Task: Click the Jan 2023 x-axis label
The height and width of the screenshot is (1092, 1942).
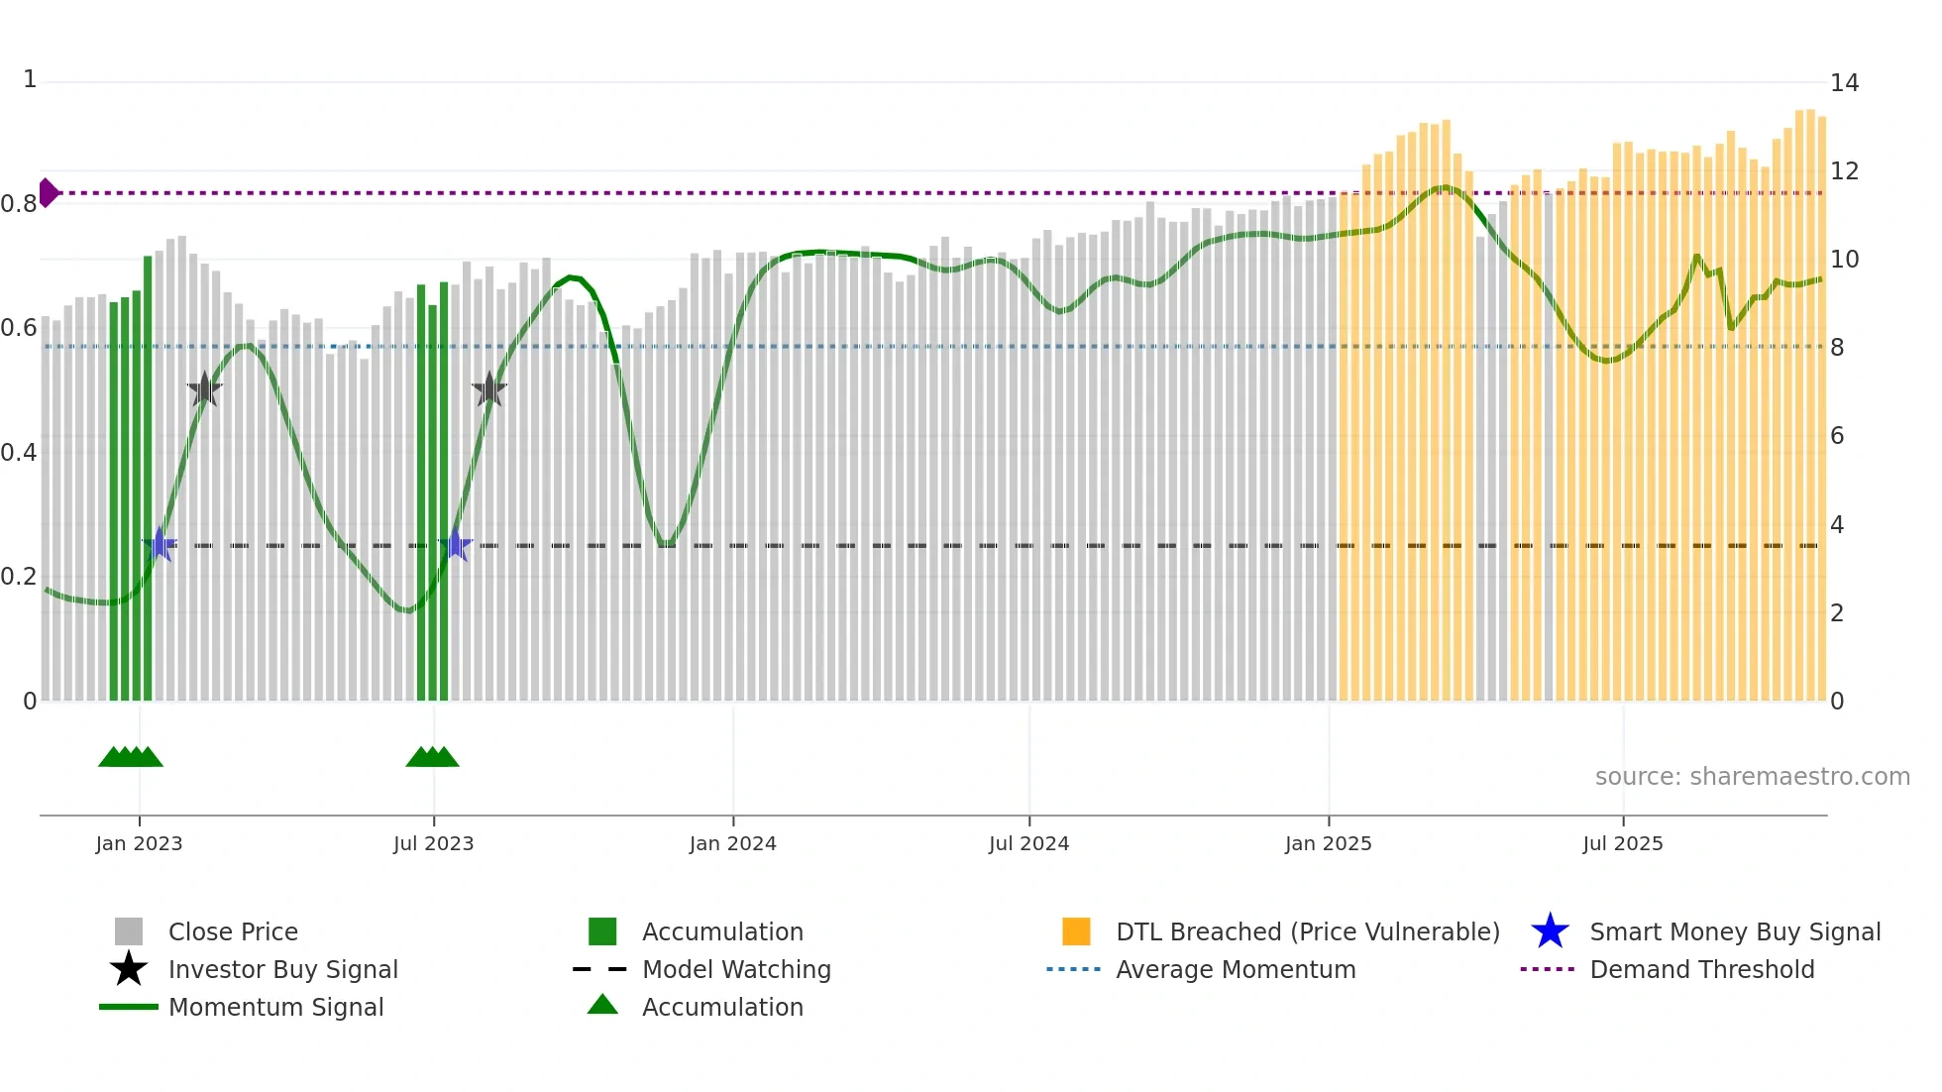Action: tap(139, 843)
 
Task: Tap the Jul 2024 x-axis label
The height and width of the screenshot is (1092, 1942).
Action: tap(1028, 843)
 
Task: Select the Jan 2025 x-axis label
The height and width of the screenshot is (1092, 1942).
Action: tap(1328, 843)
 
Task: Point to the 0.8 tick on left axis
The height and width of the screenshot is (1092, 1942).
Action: tap(18, 204)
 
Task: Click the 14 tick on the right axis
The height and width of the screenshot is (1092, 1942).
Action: tap(1844, 83)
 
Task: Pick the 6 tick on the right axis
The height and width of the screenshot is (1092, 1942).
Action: tap(1837, 436)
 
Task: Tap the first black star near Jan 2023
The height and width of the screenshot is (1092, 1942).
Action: tap(204, 389)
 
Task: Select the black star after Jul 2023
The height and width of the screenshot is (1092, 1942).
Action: tap(488, 389)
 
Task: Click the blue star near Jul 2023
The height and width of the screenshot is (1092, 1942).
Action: tap(455, 544)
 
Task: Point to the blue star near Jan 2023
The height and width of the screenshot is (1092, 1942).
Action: tap(160, 544)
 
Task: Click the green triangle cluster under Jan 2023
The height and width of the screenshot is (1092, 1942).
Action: tap(130, 757)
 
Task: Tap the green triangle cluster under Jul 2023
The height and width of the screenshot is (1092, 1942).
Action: tap(432, 757)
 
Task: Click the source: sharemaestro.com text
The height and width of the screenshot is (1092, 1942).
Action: tap(1752, 777)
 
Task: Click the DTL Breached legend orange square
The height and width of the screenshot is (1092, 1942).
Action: tap(1076, 931)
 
